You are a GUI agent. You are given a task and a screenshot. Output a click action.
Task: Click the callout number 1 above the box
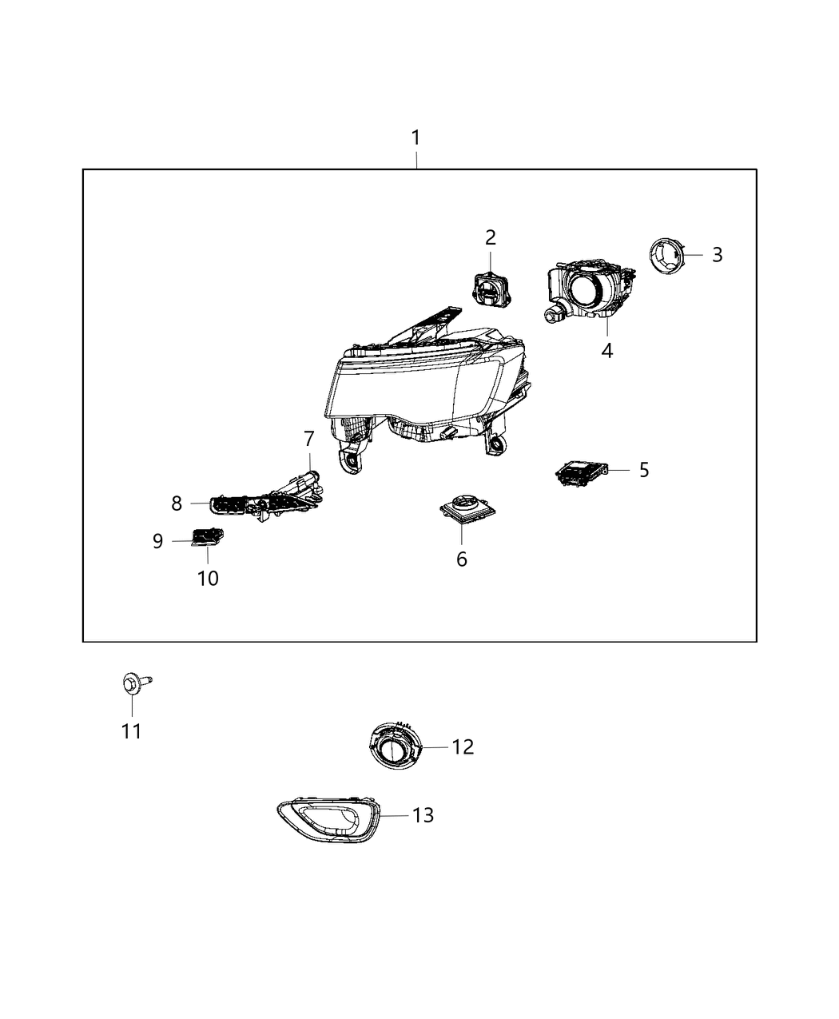click(x=416, y=138)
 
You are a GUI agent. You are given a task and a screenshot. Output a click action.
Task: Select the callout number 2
click(x=490, y=237)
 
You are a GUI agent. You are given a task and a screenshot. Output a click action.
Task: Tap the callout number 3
click(x=717, y=254)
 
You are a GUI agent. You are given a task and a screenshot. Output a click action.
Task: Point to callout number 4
click(x=607, y=350)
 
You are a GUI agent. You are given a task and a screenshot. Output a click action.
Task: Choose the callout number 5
click(x=643, y=469)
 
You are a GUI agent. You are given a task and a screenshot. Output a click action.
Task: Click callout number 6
click(x=462, y=559)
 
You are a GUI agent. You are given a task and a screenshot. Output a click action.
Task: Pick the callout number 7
click(x=309, y=439)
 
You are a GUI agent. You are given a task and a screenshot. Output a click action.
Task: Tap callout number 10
click(x=208, y=577)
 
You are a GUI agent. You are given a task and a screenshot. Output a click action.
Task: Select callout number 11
click(x=132, y=730)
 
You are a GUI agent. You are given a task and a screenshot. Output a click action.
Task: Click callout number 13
click(x=423, y=814)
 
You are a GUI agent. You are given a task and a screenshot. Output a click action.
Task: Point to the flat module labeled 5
click(x=582, y=473)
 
